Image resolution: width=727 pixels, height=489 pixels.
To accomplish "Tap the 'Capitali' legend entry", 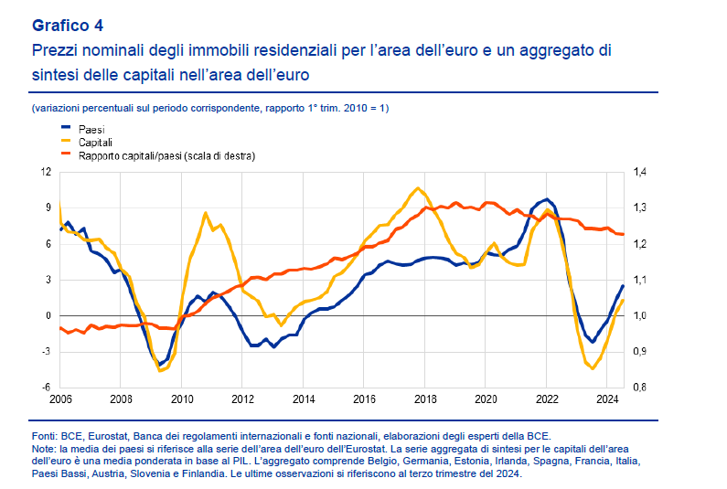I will [96, 143].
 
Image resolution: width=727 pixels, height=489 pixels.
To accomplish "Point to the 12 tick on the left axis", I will [46, 172].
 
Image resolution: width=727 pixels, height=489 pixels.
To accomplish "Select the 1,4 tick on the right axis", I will [638, 172].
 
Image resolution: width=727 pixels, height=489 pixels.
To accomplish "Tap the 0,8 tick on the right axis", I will [638, 388].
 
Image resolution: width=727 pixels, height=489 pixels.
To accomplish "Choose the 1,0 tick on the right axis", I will [638, 316].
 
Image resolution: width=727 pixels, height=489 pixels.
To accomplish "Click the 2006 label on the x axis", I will [60, 399].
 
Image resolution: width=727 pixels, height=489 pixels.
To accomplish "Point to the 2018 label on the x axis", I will [425, 399].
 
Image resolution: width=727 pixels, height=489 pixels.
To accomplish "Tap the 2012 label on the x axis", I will [242, 399].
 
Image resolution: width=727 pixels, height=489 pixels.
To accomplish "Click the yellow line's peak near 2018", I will [418, 188].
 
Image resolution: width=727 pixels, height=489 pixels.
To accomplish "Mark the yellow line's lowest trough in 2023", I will [593, 368].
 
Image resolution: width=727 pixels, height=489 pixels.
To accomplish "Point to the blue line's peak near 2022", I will [546, 199].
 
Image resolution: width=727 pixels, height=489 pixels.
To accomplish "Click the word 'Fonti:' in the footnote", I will [46, 438].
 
